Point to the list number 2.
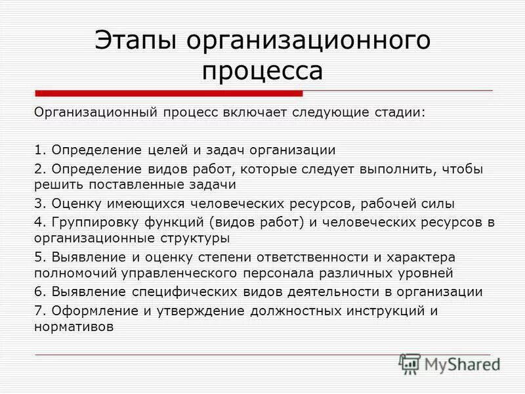[x=38, y=169]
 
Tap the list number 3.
[x=38, y=204]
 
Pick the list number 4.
[x=38, y=222]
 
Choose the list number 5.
[x=38, y=257]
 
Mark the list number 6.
[x=38, y=291]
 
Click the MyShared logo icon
[x=409, y=363]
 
